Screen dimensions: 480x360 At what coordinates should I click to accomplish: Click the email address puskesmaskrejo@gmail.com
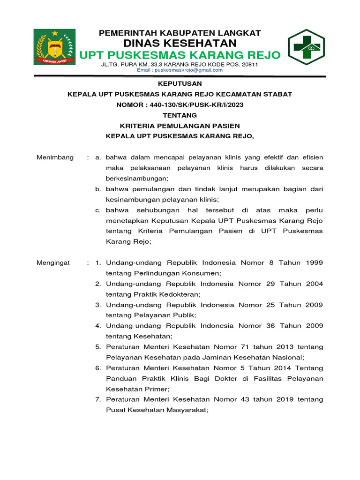(180, 70)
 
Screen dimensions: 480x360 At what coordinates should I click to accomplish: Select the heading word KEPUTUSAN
(180, 83)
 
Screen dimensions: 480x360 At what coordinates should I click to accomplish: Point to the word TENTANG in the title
(180, 115)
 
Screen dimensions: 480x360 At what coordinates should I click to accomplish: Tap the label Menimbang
(55, 157)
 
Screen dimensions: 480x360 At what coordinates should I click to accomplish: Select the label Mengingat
(53, 262)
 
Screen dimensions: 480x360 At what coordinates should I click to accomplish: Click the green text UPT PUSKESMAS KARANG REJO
(180, 55)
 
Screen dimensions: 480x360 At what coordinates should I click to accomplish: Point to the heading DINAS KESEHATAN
(180, 43)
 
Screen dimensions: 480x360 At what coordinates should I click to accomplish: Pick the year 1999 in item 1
(314, 262)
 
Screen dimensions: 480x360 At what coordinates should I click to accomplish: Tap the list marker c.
(98, 210)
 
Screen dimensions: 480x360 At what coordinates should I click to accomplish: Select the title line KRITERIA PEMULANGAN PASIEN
(180, 126)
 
